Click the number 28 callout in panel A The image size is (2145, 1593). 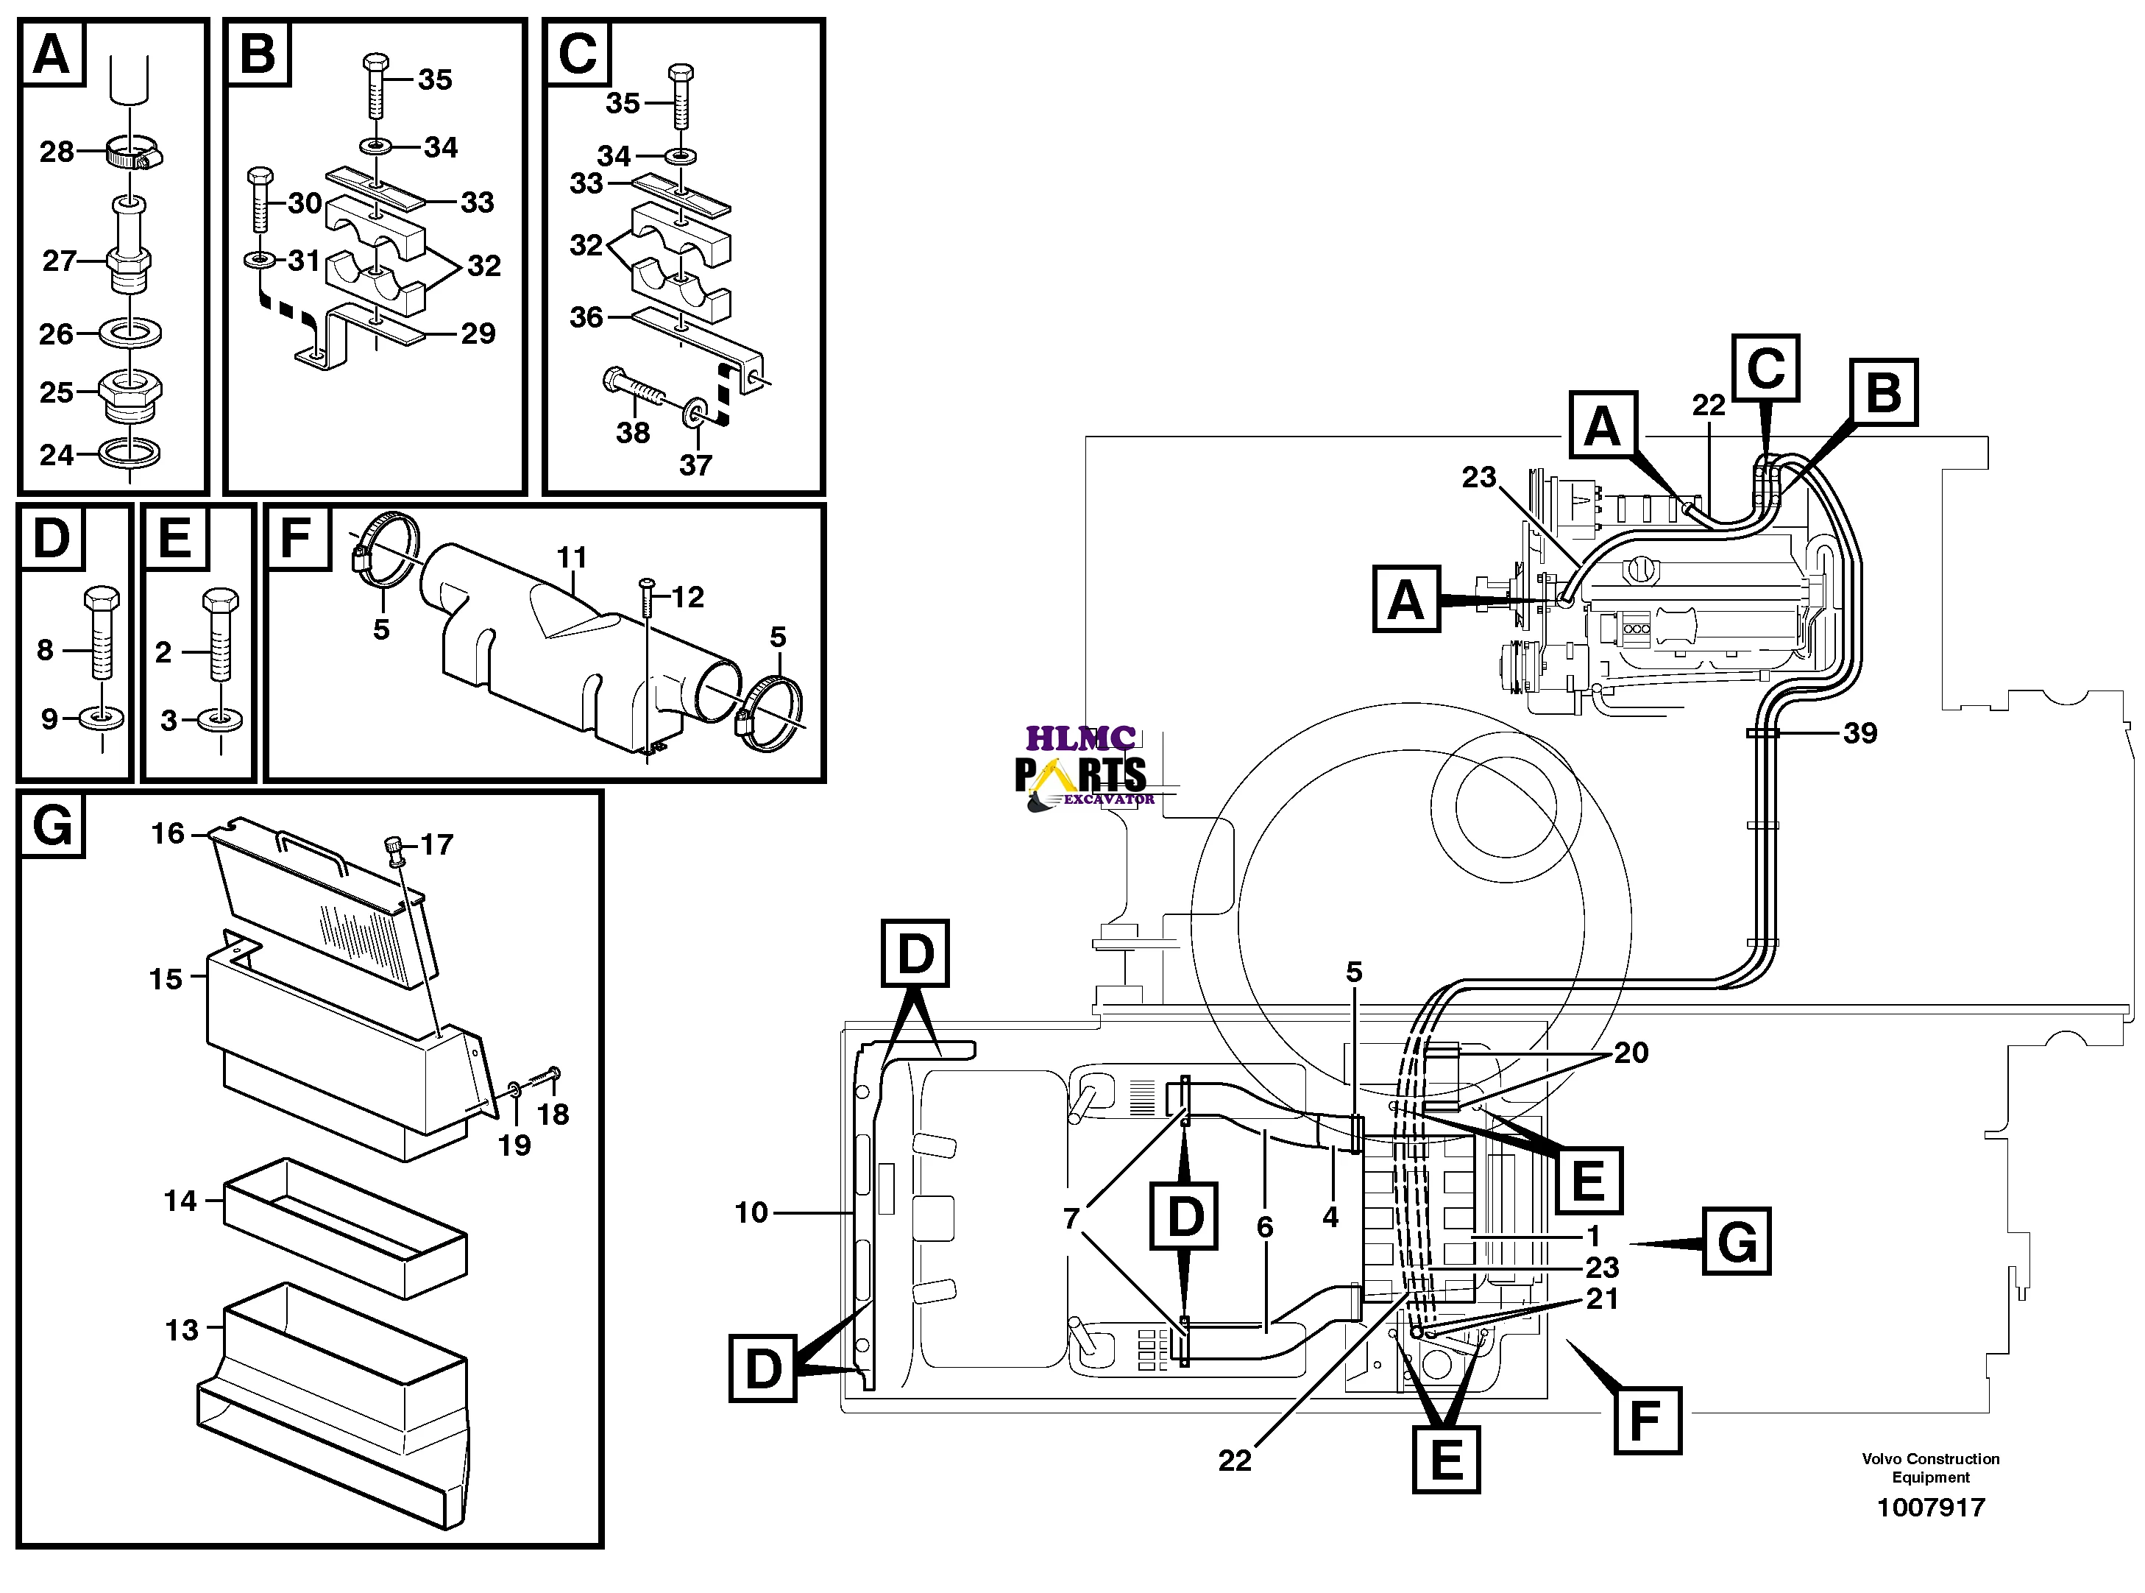(x=56, y=152)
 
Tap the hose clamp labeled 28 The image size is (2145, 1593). (x=133, y=152)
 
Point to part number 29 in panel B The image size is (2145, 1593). (x=478, y=333)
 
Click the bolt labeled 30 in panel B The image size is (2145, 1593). (x=260, y=199)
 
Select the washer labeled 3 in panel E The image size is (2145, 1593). (x=220, y=719)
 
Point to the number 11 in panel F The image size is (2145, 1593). (x=572, y=557)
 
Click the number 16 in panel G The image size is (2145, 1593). (x=167, y=833)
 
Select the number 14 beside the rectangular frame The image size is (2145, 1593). (x=180, y=1201)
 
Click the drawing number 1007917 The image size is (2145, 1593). (x=1930, y=1507)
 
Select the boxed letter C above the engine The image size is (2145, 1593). (x=1765, y=367)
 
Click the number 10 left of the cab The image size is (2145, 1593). (x=751, y=1212)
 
